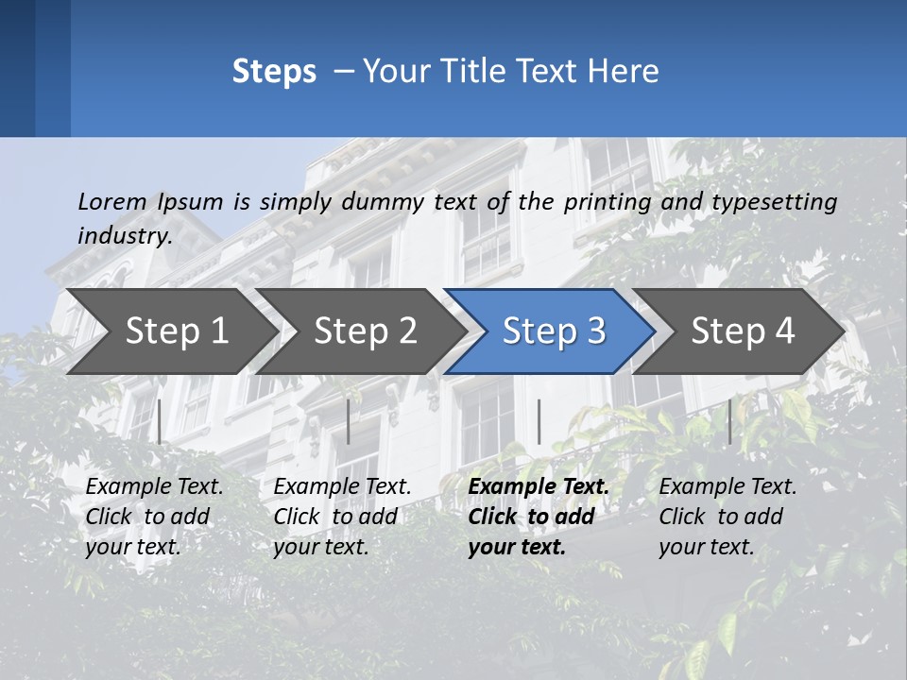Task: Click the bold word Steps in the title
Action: pyautogui.click(x=274, y=72)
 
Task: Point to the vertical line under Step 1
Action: pyautogui.click(x=160, y=421)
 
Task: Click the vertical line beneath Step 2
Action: pyautogui.click(x=349, y=421)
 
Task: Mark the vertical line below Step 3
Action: pyautogui.click(x=539, y=421)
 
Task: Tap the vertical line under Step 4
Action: pyautogui.click(x=729, y=421)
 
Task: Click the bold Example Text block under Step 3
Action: pyautogui.click(x=539, y=517)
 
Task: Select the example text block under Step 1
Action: pyautogui.click(x=154, y=517)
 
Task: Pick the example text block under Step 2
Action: pyautogui.click(x=342, y=517)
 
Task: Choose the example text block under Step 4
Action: pyautogui.click(x=727, y=517)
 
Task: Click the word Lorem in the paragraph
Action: pyautogui.click(x=112, y=201)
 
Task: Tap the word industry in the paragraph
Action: pyautogui.click(x=123, y=235)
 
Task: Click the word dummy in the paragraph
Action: pyautogui.click(x=382, y=202)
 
